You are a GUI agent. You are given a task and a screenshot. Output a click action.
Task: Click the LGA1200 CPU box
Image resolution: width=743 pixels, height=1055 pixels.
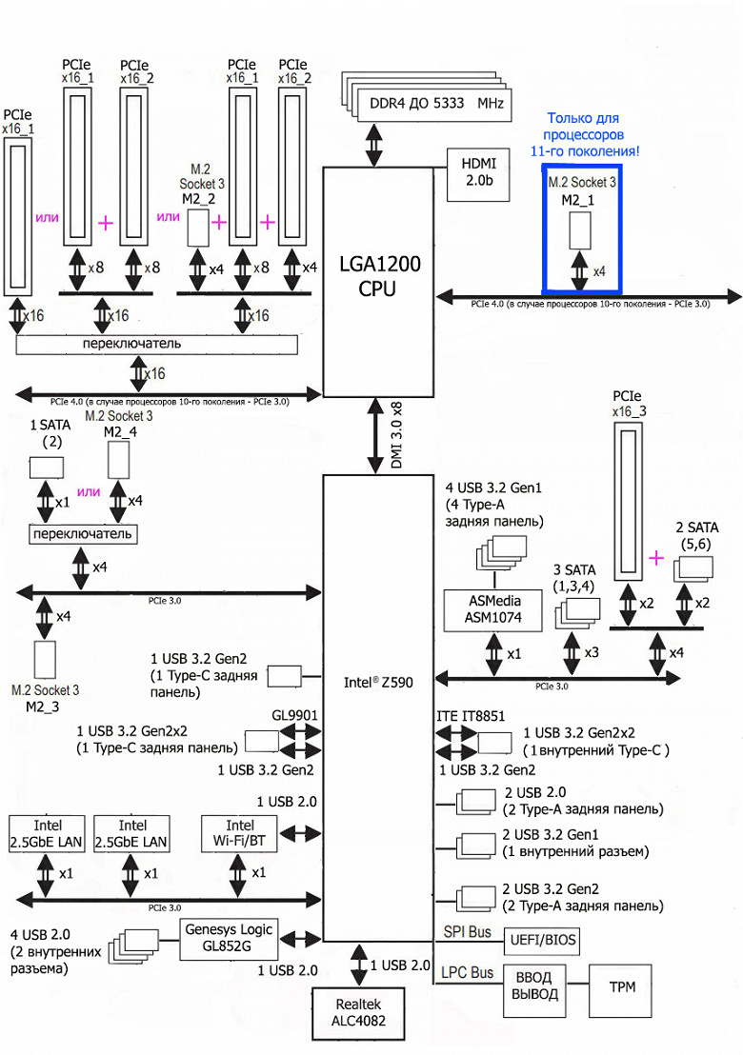coord(378,276)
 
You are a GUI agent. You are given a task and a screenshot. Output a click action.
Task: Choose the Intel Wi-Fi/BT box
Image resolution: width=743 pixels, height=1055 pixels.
coord(240,833)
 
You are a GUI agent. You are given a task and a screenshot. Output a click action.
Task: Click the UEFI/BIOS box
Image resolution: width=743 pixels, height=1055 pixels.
coord(539,941)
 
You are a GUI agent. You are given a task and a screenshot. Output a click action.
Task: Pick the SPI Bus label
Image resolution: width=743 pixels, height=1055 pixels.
coord(467,931)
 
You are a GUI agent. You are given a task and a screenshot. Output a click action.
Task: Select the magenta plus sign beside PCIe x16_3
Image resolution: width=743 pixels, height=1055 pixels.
coord(656,557)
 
